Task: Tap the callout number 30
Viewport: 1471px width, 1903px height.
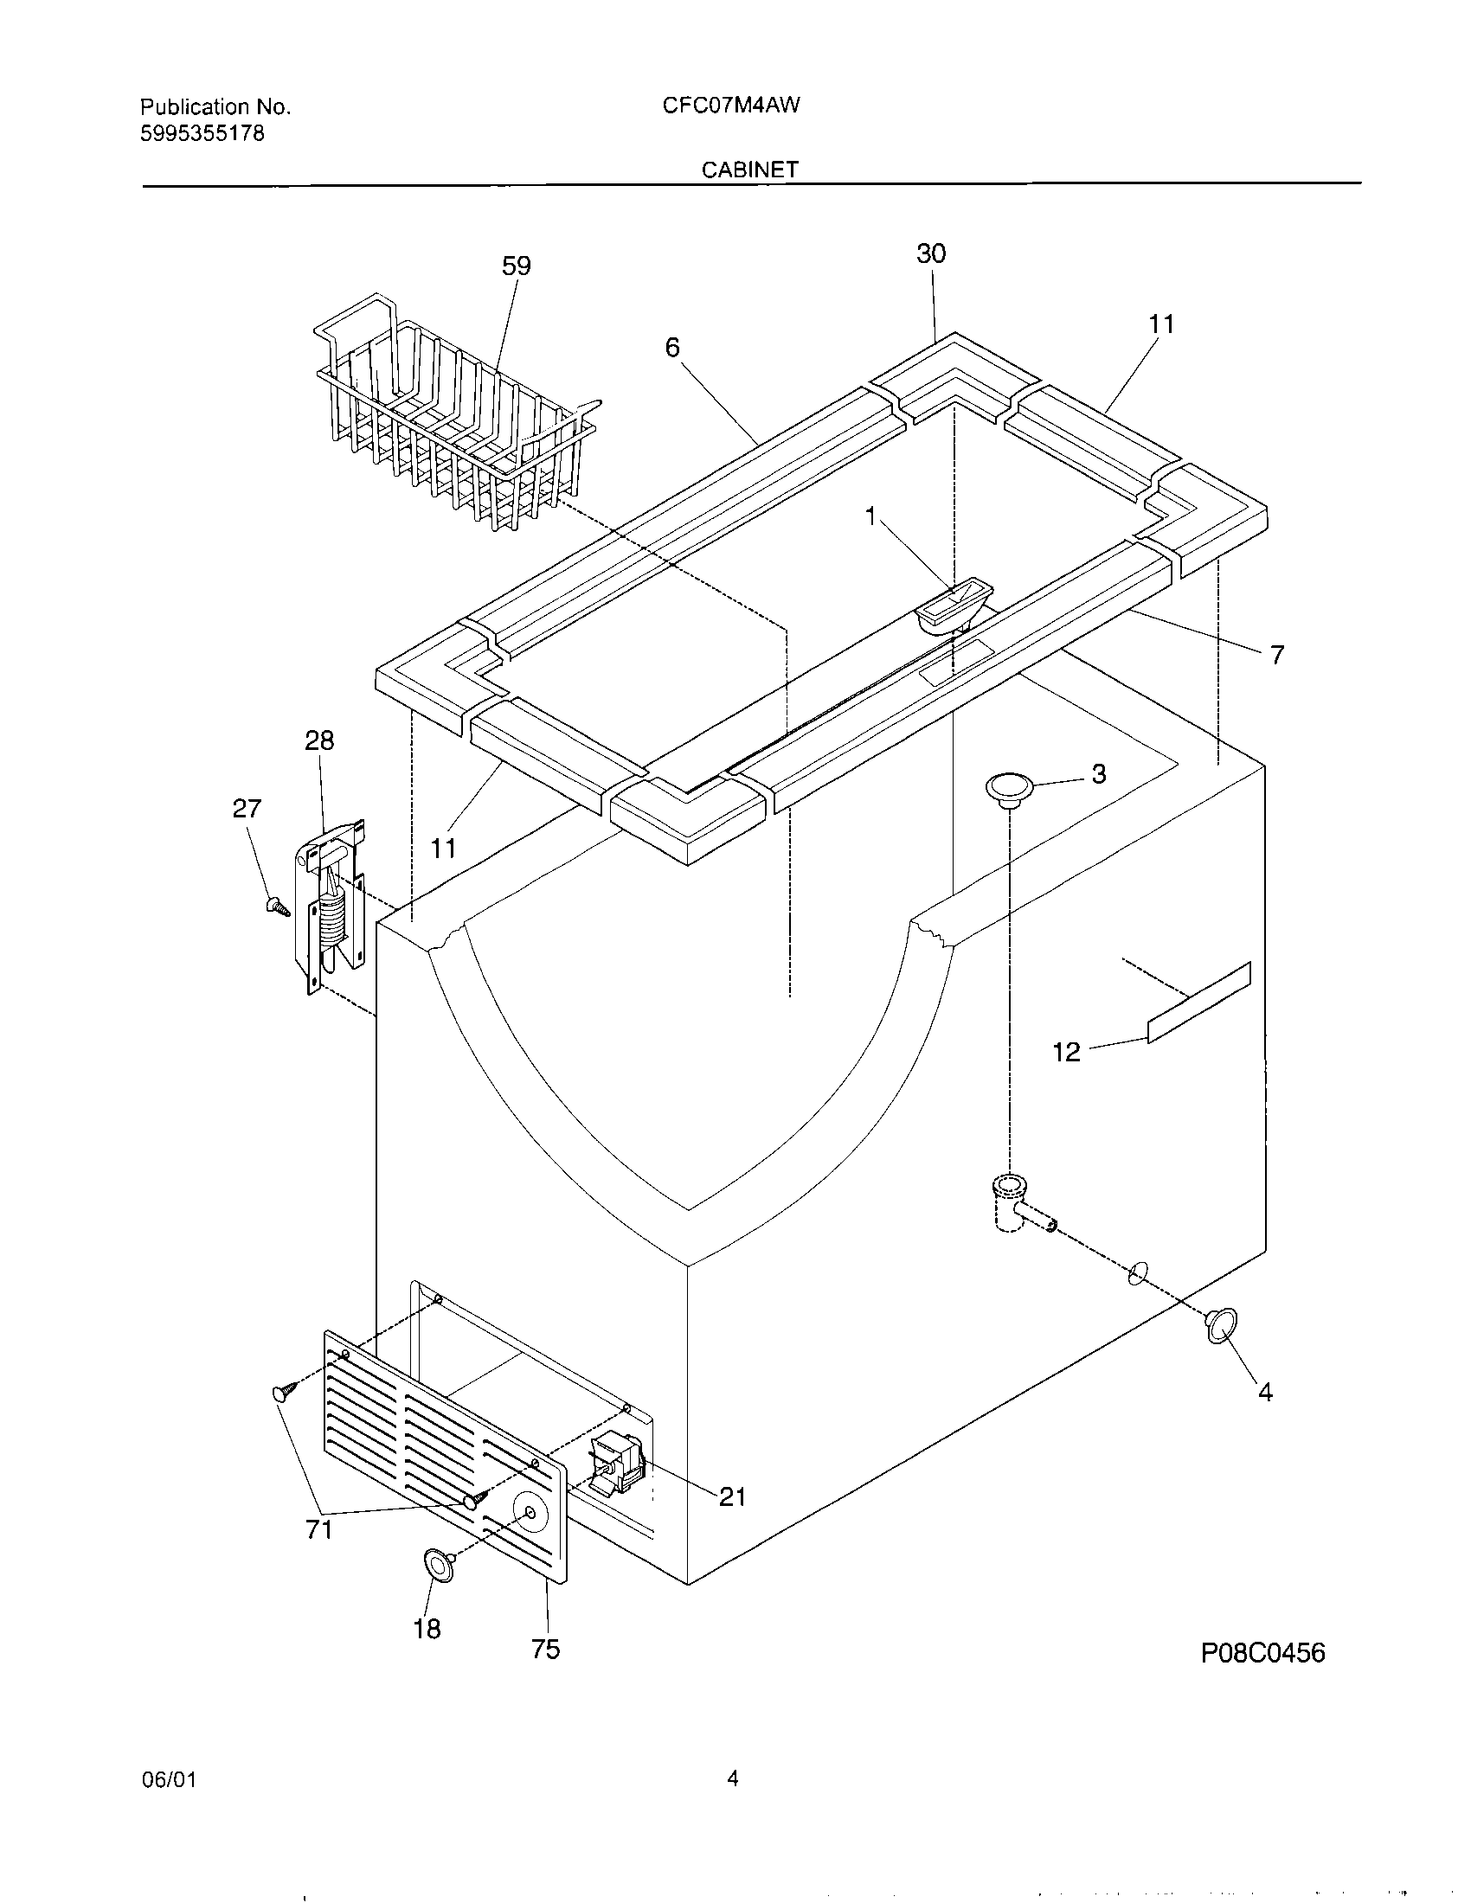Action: [931, 253]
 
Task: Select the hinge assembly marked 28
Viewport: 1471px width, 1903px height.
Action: [333, 907]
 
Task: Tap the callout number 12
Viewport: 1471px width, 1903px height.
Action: [1066, 1052]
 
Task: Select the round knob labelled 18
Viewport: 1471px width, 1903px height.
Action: [440, 1565]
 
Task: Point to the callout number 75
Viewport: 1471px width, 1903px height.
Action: [545, 1649]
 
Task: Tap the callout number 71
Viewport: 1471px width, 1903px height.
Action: [319, 1528]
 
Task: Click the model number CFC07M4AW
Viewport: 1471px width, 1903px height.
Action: [731, 106]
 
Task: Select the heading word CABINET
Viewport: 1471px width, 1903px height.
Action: [750, 170]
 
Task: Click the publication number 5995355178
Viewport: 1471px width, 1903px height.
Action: [202, 133]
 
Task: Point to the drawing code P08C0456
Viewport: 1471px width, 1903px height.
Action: [1262, 1653]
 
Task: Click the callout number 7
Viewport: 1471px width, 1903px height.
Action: [1275, 656]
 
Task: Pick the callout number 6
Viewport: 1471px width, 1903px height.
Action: [671, 348]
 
